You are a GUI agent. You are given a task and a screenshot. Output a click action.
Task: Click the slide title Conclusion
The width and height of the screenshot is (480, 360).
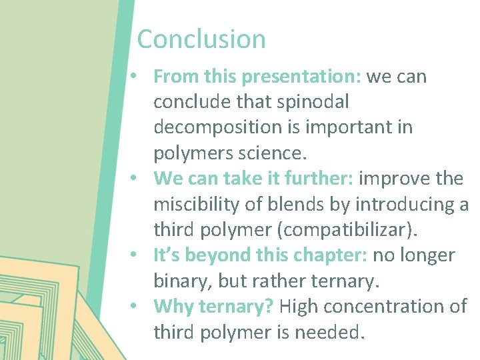[201, 39]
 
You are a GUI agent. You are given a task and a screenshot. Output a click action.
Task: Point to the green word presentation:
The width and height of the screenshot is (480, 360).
[302, 77]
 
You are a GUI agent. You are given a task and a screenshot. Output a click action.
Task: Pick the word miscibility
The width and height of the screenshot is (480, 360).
[193, 204]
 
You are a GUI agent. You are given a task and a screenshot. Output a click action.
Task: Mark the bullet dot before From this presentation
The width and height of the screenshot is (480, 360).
[135, 76]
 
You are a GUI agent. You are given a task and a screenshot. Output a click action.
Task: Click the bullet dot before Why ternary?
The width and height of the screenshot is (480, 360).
[135, 306]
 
